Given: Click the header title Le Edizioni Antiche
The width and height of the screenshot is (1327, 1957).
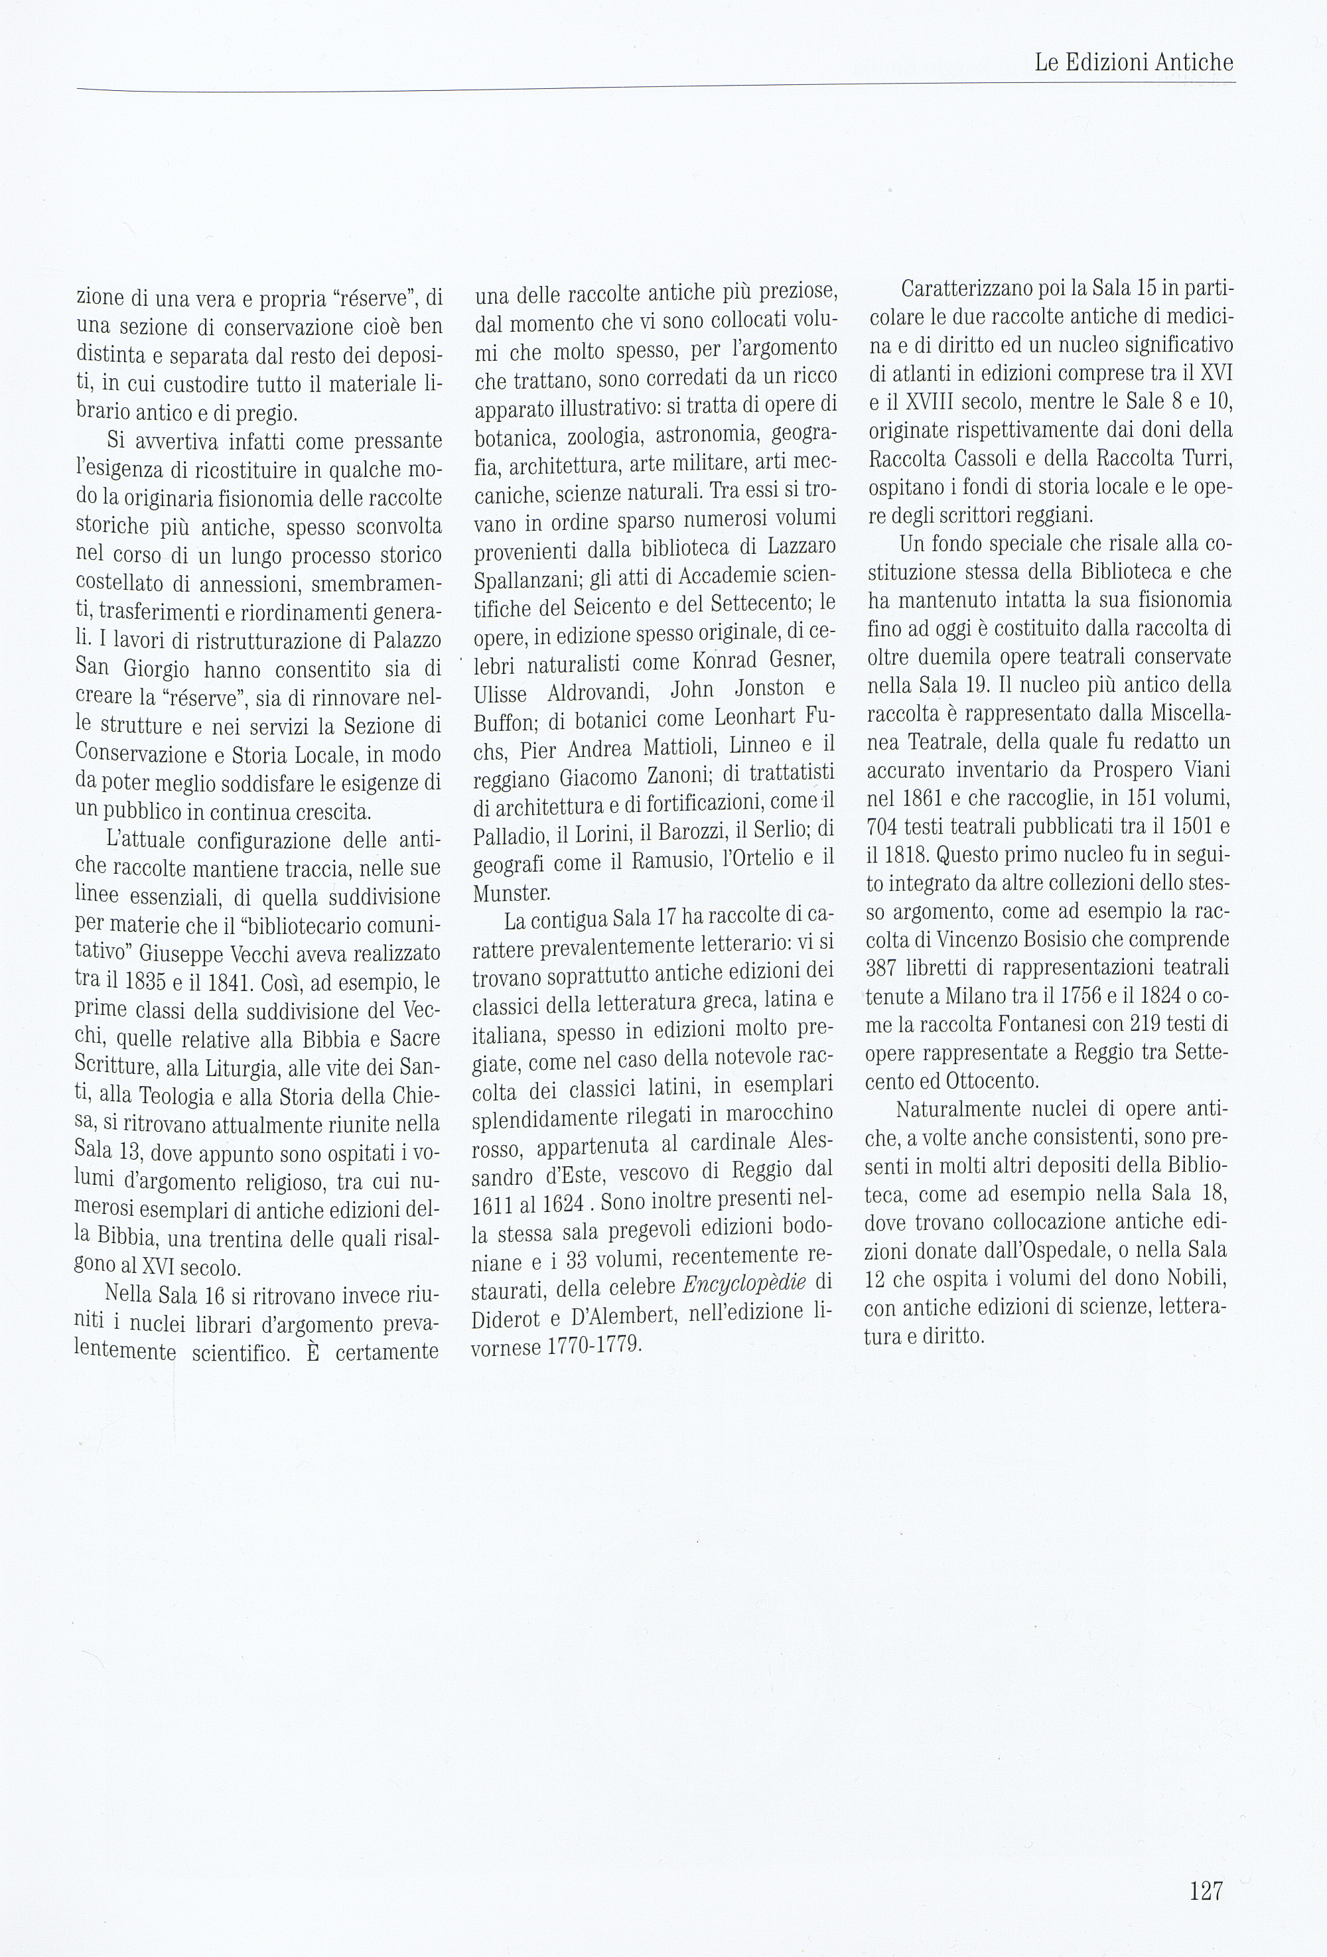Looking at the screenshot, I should click(1133, 62).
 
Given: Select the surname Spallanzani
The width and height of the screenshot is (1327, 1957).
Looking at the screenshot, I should click(527, 581).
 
